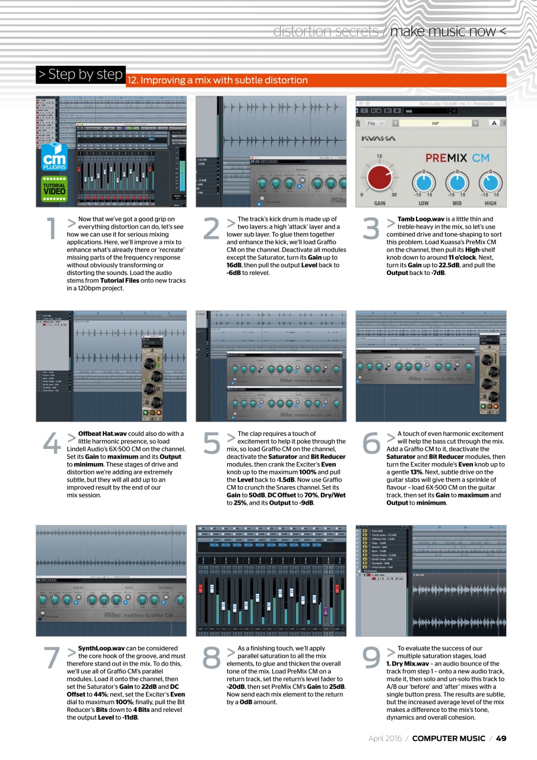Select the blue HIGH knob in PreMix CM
point(491,178)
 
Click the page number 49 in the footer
point(501,738)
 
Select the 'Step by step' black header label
point(80,75)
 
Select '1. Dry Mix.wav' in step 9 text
point(407,663)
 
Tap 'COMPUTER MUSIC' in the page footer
point(448,738)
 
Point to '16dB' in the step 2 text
point(234,265)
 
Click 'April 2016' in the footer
point(385,738)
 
